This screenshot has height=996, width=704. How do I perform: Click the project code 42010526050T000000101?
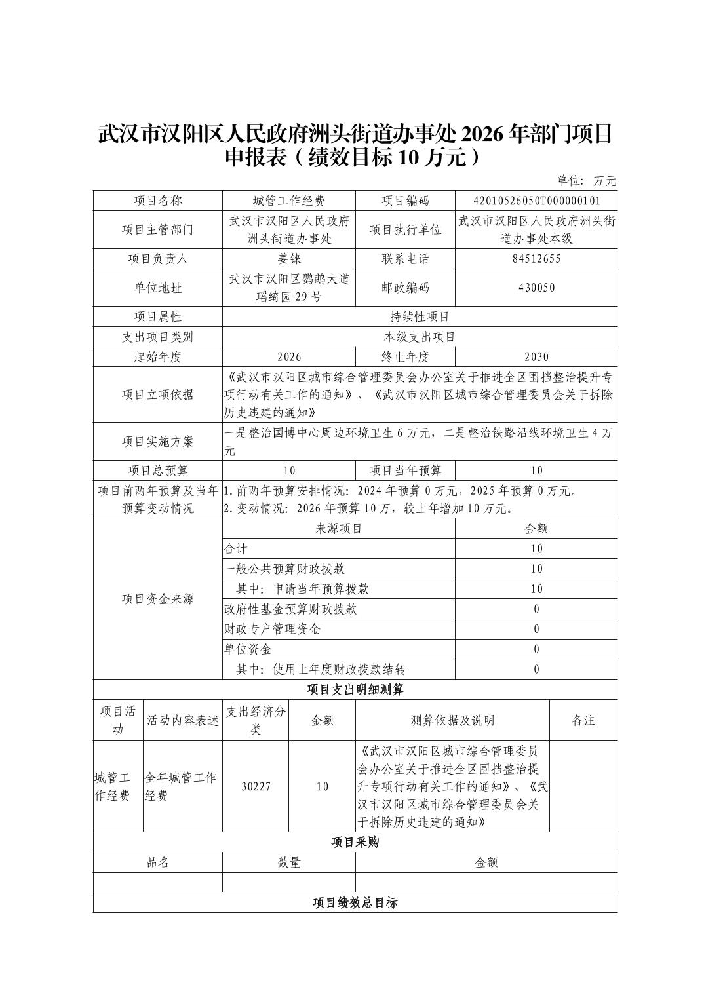[536, 201]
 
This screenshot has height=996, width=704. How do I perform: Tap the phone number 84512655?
[536, 259]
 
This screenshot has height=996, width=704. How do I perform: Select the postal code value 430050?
[536, 288]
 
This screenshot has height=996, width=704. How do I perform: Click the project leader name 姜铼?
[289, 259]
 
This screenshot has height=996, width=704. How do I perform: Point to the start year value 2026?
[289, 357]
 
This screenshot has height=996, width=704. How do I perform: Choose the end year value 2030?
[536, 357]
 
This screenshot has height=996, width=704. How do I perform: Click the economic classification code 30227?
[256, 786]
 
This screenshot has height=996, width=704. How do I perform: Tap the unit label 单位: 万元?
[587, 181]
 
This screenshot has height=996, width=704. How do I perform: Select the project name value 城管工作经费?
[289, 201]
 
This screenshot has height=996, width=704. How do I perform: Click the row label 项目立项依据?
[158, 394]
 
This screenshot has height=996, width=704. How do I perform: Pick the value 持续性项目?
[420, 317]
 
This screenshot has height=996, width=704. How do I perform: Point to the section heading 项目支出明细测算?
[355, 689]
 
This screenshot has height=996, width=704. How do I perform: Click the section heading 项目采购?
[355, 842]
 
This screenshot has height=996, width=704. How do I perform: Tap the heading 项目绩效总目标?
[355, 903]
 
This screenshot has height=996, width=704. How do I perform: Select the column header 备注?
[583, 721]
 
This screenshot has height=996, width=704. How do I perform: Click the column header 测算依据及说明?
[452, 721]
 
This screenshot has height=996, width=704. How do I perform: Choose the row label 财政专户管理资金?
[272, 630]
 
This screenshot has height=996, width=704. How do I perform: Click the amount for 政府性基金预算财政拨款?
[536, 609]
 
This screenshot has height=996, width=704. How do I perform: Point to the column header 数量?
[289, 862]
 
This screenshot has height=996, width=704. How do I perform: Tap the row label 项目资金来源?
[158, 599]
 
